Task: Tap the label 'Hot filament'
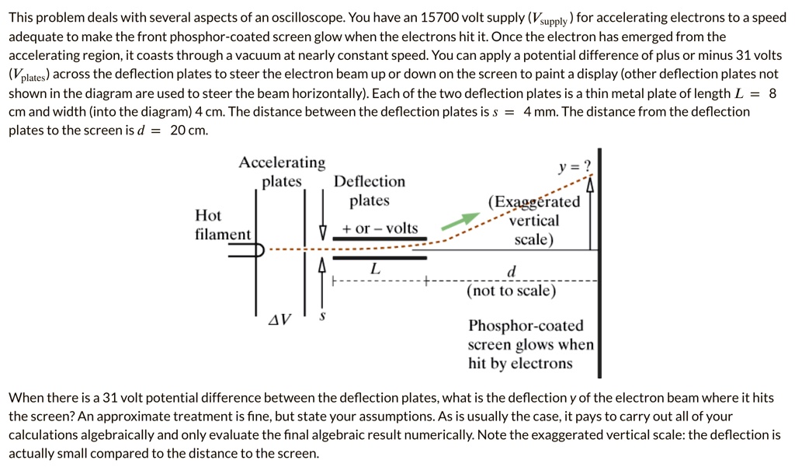tap(222, 225)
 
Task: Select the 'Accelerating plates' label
tap(282, 172)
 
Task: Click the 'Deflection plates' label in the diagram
tap(370, 191)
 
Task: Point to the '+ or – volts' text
tap(380, 228)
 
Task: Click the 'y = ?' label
tap(575, 166)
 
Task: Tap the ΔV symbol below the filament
tap(279, 319)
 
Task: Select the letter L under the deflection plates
tap(375, 269)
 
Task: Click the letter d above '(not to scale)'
tap(510, 271)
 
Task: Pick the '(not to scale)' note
tap(511, 291)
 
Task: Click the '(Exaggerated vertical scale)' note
tap(534, 221)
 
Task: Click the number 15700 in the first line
tap(439, 17)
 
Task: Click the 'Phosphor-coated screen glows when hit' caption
tap(530, 344)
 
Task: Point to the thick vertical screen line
tap(599, 311)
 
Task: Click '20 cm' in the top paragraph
tap(189, 130)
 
